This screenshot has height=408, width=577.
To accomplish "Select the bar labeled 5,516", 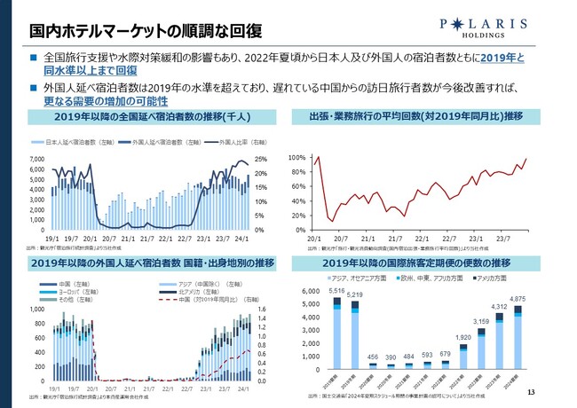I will (x=336, y=333).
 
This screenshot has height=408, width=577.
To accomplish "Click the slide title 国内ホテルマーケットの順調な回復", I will (x=132, y=32).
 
